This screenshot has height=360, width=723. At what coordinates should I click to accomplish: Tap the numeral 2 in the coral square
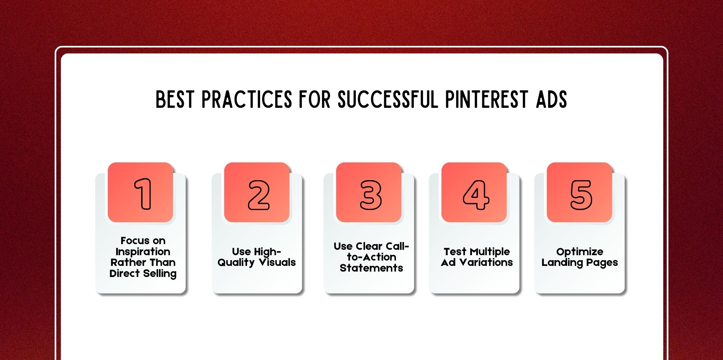tap(258, 195)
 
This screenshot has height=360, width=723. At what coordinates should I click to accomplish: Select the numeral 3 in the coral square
tap(371, 195)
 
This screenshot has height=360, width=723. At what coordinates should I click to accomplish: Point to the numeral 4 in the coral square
tap(476, 195)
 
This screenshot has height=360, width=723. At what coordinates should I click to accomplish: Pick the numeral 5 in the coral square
tap(581, 195)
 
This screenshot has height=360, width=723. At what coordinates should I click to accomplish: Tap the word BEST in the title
tap(175, 99)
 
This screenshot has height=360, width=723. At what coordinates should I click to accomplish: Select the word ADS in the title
tap(551, 99)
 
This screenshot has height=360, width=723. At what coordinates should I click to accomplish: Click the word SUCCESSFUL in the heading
tap(388, 99)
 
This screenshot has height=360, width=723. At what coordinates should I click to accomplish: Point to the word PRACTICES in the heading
tap(247, 99)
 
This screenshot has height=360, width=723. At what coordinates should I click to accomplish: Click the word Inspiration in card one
tap(143, 251)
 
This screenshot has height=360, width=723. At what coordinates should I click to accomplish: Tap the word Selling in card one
tap(160, 274)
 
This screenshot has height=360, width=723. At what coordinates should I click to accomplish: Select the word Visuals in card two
tap(277, 262)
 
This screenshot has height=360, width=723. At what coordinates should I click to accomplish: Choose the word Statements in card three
tap(371, 268)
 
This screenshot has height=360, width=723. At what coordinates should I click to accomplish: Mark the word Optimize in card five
tap(580, 252)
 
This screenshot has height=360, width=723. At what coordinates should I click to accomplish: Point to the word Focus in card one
tap(134, 240)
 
